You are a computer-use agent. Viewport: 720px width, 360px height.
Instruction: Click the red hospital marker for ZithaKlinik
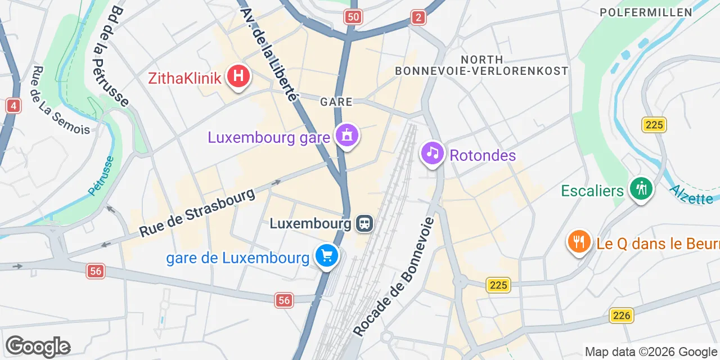pos(238,76)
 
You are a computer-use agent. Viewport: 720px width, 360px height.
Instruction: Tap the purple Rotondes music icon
pos(432,152)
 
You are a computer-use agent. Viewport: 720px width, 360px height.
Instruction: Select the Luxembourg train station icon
pos(364,223)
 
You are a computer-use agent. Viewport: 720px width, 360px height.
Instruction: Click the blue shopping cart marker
pos(327,256)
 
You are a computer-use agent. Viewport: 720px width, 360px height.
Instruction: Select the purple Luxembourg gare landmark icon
pos(347,136)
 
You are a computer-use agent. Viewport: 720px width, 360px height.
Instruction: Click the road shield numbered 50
pos(353,17)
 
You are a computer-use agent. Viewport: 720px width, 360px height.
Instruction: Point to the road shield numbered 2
pos(417,17)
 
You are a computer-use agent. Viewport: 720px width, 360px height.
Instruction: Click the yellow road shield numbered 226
pos(622,316)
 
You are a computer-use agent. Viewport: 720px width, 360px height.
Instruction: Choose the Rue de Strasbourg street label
pos(197,213)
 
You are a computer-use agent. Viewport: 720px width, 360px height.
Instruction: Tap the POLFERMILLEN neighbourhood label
pos(646,12)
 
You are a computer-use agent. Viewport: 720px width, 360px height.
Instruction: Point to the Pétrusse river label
pos(101,175)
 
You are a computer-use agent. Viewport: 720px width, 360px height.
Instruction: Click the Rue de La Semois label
pos(61,101)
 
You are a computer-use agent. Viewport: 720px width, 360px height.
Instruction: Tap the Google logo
pos(38,346)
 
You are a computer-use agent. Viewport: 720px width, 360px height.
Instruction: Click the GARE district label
pos(336,102)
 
